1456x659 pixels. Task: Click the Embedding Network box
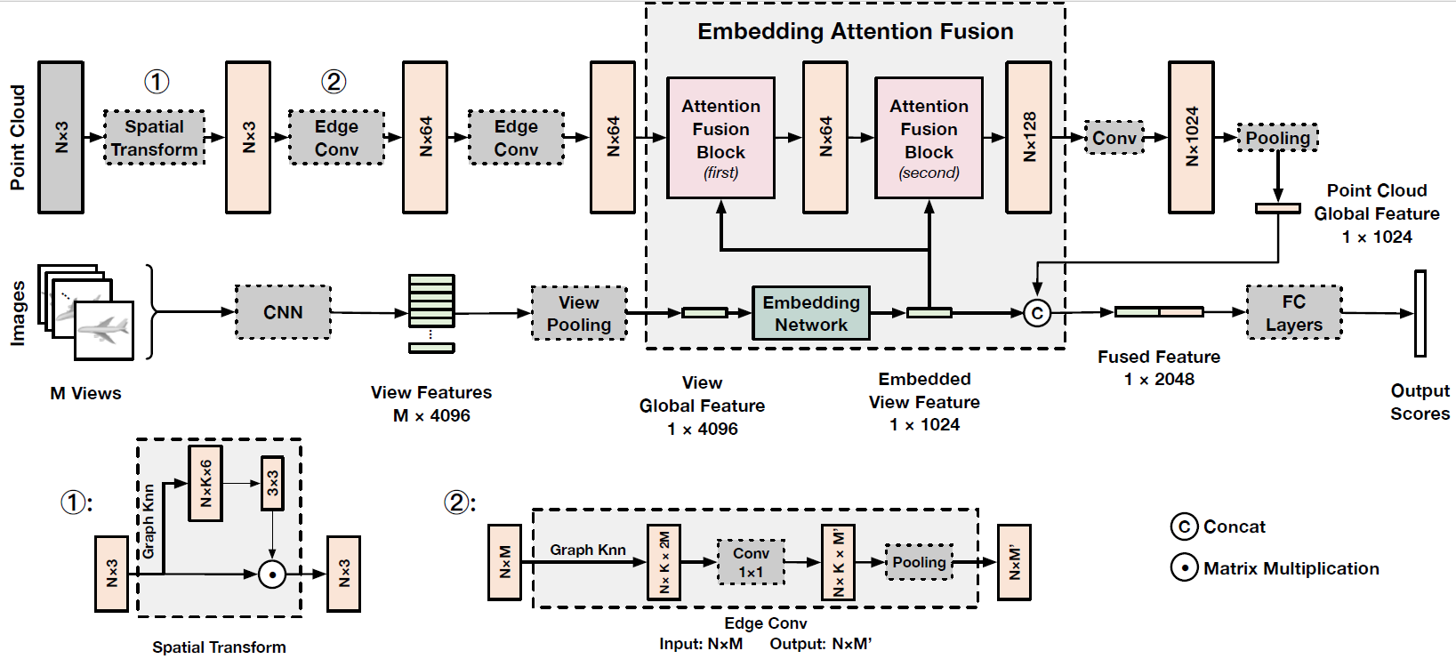pos(810,313)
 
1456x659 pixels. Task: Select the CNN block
pos(283,312)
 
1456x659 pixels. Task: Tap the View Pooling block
pos(579,313)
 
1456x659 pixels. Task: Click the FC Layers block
pos(1293,313)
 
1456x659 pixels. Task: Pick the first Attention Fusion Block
pos(720,138)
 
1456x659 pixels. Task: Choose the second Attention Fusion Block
pos(929,138)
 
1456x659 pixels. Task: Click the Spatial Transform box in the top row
pos(154,138)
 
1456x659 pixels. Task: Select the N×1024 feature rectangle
pos(1191,137)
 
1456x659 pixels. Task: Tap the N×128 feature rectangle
pos(1028,137)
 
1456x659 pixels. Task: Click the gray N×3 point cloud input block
pos(60,137)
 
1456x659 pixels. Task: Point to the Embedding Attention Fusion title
pos(855,32)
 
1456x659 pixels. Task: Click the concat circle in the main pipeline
pos(1037,313)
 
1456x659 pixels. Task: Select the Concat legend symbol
pos(1184,526)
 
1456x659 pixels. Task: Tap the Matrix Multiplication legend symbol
pos(1184,567)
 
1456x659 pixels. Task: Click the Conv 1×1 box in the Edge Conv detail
pos(751,562)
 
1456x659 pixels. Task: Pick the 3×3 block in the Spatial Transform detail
pos(272,483)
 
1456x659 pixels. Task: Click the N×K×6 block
pos(205,483)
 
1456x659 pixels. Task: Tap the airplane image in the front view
pos(104,330)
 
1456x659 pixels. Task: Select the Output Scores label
pos(1420,402)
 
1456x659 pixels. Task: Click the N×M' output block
pos(1014,562)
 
